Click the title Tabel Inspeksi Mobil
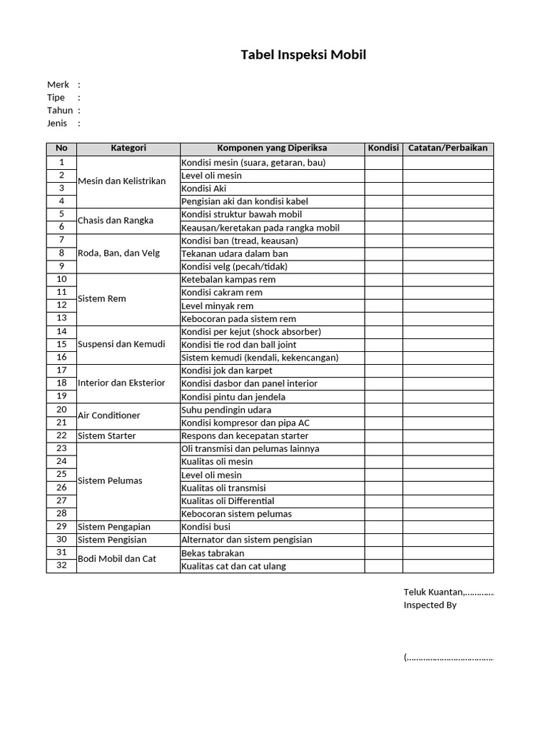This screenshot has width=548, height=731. pos(303,55)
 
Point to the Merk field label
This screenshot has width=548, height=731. pos(58,84)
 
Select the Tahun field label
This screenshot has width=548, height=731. pos(60,110)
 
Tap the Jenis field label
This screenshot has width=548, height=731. pos(57,123)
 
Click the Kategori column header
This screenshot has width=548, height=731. pos(128,148)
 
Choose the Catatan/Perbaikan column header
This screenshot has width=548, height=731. pos(447,148)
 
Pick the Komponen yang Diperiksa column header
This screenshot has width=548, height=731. pos(272,148)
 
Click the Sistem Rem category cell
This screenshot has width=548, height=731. pos(101,298)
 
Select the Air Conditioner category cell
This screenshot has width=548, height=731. pos(108,415)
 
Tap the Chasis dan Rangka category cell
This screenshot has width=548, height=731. pos(115,221)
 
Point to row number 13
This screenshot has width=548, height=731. pos(61,318)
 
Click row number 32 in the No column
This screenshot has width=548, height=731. pos(61,565)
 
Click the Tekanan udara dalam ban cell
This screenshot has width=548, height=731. pos(235,253)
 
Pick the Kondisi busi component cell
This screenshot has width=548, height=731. pos(205,527)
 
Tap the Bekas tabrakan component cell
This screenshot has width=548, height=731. pos(213,553)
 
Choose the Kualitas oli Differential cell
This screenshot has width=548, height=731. pos(228,501)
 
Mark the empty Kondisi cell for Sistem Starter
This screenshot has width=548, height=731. pos(383,435)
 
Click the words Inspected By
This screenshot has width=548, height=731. pos(430,605)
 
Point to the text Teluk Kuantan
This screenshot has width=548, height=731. pos(434,592)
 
